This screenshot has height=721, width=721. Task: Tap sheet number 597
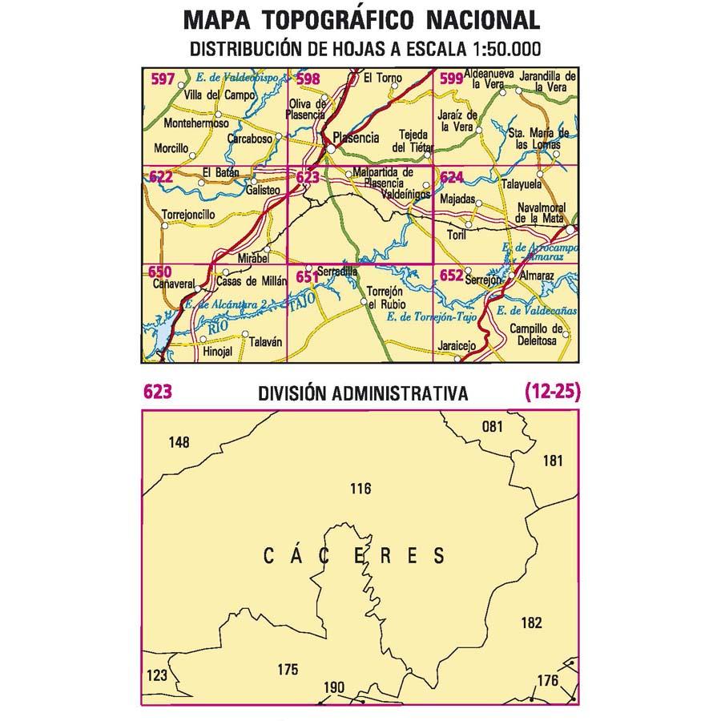pyautogui.click(x=163, y=79)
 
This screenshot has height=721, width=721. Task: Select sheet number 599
pyautogui.click(x=451, y=79)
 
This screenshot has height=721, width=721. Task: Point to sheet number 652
pyautogui.click(x=451, y=276)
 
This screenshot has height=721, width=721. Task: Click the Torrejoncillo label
pyautogui.click(x=187, y=215)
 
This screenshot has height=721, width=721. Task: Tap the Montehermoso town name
pyautogui.click(x=195, y=124)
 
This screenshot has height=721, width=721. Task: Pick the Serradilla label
pyautogui.click(x=336, y=272)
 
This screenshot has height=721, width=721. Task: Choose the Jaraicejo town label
pyautogui.click(x=457, y=346)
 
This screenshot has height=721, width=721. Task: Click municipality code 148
pyautogui.click(x=180, y=441)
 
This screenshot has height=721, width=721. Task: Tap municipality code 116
pyautogui.click(x=360, y=488)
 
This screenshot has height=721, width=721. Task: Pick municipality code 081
pyautogui.click(x=492, y=426)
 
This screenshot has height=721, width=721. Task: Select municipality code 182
pyautogui.click(x=531, y=622)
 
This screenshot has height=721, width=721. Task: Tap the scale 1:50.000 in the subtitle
pyautogui.click(x=503, y=49)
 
